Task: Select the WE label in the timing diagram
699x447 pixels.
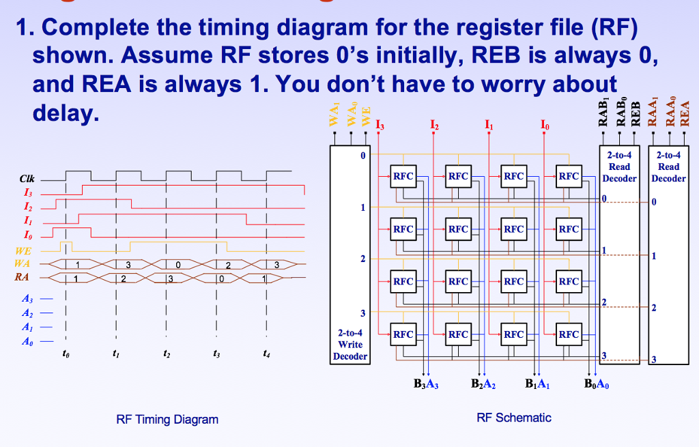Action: coord(24,251)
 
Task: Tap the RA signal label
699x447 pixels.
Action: coord(23,277)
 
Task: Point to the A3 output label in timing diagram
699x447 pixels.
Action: coord(27,299)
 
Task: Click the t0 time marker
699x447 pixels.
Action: coord(65,354)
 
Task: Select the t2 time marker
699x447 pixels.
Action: coord(166,355)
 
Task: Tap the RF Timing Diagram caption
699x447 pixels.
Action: coord(167,419)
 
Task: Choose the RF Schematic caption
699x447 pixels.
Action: coord(514,417)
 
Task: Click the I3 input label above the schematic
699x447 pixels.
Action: coord(380,125)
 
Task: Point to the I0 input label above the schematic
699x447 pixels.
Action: coord(543,125)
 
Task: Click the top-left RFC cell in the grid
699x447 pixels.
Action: coord(403,176)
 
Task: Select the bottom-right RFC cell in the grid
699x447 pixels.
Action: coord(568,334)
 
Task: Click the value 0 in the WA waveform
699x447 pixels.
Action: coord(178,264)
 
